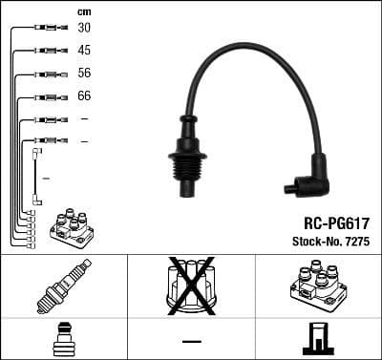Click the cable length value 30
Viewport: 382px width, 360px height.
click(84, 28)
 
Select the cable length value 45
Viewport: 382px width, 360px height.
click(84, 51)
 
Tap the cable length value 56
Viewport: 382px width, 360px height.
click(84, 74)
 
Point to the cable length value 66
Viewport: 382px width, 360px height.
click(84, 96)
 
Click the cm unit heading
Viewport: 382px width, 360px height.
click(84, 10)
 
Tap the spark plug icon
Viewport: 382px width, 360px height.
click(63, 287)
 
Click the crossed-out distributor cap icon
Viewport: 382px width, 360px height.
click(191, 285)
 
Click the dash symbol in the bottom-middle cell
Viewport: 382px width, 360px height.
click(191, 340)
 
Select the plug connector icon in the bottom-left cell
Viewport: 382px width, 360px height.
click(63, 340)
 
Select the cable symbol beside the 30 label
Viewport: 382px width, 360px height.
click(46, 28)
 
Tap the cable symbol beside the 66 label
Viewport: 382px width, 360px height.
click(46, 96)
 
